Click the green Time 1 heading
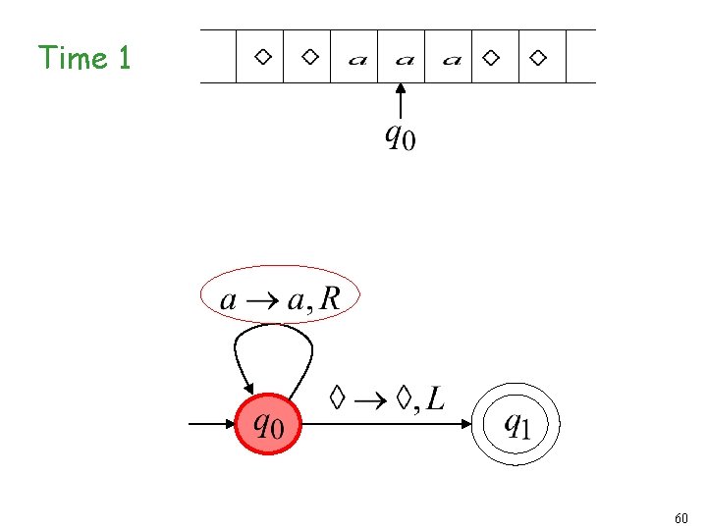[x=84, y=58]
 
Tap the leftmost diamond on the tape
[x=262, y=57]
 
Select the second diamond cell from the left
[x=309, y=57]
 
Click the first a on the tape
[x=357, y=60]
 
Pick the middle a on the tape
[x=404, y=60]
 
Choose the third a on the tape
[x=451, y=60]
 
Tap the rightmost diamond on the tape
[x=537, y=57]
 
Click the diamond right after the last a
[x=491, y=57]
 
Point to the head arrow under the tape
[x=401, y=101]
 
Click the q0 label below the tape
[x=399, y=136]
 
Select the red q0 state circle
[x=267, y=425]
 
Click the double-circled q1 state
[x=517, y=425]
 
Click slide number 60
[x=682, y=517]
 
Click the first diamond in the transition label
[x=338, y=397]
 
